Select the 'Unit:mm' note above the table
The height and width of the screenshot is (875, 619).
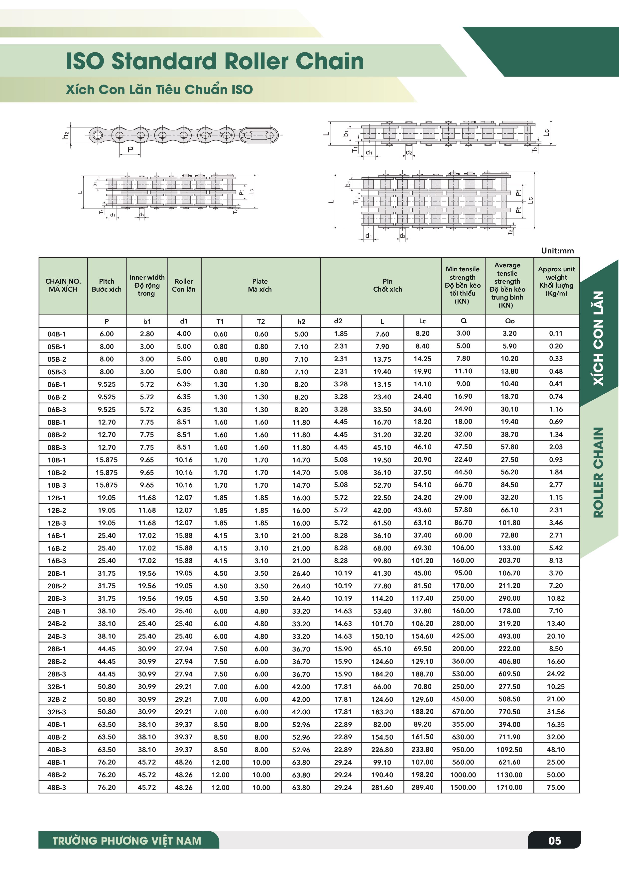557,251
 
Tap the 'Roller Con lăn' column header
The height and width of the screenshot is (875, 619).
184,285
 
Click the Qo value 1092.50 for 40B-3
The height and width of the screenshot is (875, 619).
509,749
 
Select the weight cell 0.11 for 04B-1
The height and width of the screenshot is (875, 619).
556,333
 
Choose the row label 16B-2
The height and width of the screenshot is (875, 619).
56,548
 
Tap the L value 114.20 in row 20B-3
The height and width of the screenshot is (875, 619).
382,598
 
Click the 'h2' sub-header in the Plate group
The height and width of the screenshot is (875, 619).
301,321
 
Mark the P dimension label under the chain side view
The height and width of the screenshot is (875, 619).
130,149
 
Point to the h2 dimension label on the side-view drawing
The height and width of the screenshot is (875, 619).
66,135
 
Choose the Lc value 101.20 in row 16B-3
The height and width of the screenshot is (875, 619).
422,560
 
